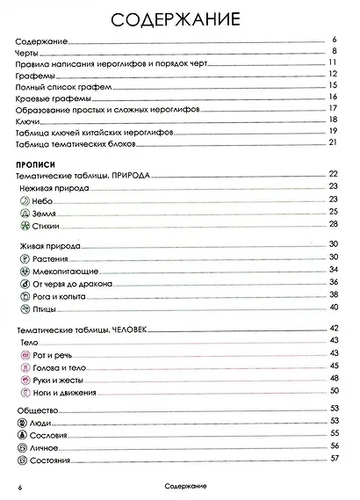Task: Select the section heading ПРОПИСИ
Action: click(36, 163)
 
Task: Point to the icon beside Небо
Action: click(25, 199)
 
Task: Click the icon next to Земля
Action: click(25, 213)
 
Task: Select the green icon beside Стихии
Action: click(25, 226)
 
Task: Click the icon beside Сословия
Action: click(25, 434)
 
